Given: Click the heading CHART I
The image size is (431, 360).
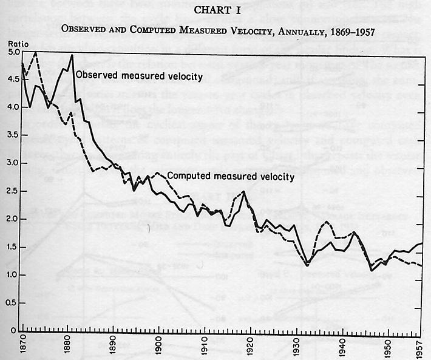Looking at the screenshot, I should tap(215, 10).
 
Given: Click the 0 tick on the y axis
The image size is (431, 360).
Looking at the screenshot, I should tap(13, 330).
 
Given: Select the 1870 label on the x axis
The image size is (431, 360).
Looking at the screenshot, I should tap(22, 347).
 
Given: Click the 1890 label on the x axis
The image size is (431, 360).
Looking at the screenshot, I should tap(113, 347).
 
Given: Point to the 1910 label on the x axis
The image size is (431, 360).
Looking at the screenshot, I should tap(204, 347).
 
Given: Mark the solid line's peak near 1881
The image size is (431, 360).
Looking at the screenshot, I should tap(72, 55).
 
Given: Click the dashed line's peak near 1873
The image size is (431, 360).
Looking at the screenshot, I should tap(36, 53).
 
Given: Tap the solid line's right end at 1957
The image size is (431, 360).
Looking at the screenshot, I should tap(421, 243).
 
